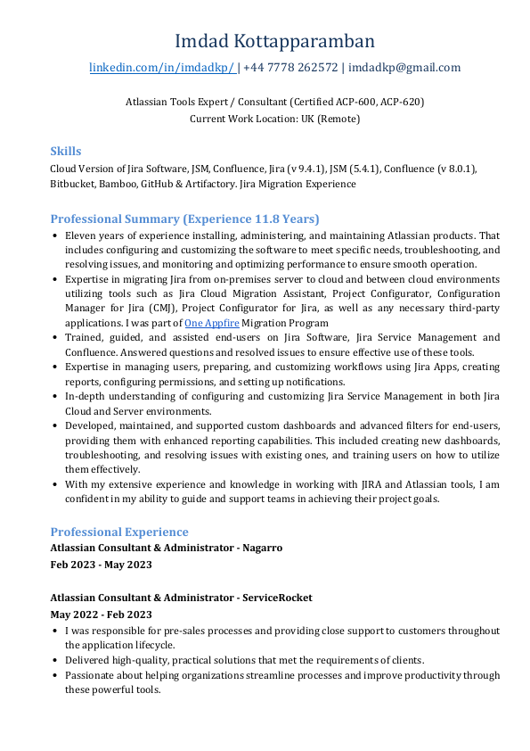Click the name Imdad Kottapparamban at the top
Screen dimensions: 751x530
click(274, 41)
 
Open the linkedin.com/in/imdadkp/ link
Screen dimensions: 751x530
click(161, 68)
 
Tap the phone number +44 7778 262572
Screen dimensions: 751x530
click(290, 68)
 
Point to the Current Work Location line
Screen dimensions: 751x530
click(274, 119)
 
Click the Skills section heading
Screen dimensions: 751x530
click(65, 151)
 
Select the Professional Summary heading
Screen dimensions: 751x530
click(184, 219)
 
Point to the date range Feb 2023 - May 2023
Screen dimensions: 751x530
click(101, 565)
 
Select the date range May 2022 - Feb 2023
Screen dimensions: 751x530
click(101, 615)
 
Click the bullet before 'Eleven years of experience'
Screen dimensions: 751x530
click(55, 236)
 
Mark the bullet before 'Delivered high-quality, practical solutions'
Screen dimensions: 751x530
click(55, 661)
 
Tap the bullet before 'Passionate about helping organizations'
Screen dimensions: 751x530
click(55, 676)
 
